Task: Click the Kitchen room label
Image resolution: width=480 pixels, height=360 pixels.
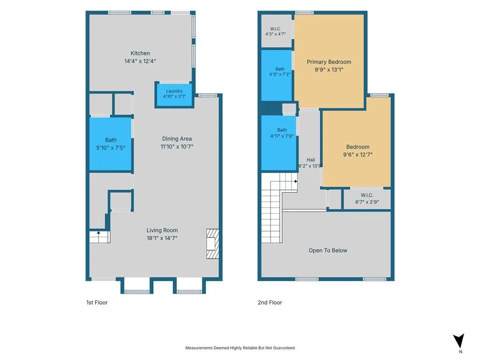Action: (x=140, y=53)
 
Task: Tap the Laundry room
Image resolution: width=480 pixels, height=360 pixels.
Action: (x=174, y=95)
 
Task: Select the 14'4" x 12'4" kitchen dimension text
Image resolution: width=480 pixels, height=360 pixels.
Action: (x=140, y=61)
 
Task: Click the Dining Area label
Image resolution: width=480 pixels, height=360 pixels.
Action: (x=177, y=139)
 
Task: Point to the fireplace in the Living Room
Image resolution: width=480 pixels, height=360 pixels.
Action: (x=212, y=244)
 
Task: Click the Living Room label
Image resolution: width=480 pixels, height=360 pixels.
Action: (x=162, y=230)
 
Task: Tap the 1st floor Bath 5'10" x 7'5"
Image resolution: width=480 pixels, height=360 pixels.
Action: (x=111, y=144)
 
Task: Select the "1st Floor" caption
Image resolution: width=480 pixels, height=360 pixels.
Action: (x=97, y=302)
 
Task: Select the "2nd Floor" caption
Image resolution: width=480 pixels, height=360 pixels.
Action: (x=270, y=302)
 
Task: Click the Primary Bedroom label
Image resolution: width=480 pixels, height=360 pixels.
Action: (x=329, y=62)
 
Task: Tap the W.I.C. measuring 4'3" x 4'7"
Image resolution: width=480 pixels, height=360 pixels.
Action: (x=276, y=31)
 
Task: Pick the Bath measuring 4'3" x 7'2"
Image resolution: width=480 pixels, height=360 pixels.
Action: (x=277, y=75)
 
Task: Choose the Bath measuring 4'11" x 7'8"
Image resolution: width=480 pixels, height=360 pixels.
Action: (x=279, y=142)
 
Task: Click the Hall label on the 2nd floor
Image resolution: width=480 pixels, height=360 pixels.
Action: (x=311, y=160)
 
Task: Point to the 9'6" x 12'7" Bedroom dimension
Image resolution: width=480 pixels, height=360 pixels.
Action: (x=358, y=155)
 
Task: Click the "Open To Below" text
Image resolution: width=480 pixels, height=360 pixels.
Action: (x=328, y=250)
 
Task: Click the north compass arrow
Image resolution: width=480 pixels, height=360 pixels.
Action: (x=458, y=341)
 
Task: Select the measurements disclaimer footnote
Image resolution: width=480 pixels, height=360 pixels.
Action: (x=240, y=348)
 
